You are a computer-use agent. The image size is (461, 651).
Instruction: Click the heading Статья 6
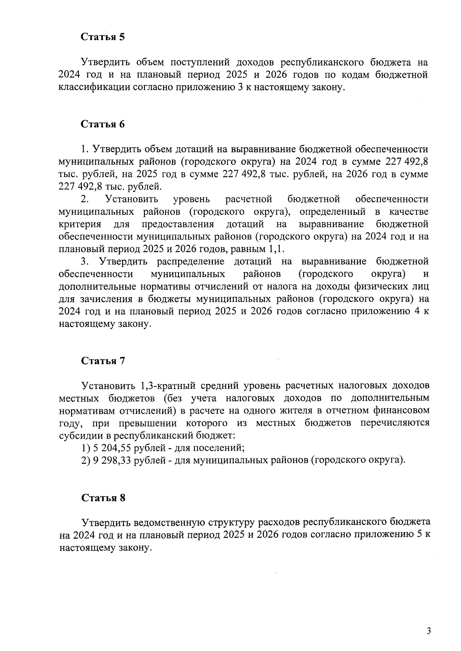coord(103,124)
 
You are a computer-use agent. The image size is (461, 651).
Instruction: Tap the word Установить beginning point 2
coord(131,199)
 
